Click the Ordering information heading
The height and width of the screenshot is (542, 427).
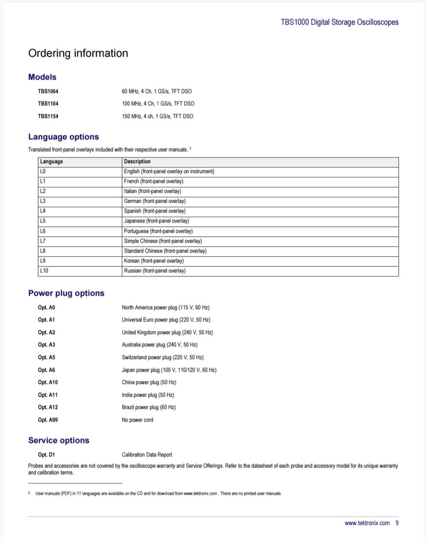click(78, 53)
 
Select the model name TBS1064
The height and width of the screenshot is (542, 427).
click(48, 91)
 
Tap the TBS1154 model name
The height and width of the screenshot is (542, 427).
click(48, 116)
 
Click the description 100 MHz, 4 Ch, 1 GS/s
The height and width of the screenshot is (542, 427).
click(158, 104)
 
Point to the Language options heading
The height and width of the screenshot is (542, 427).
click(64, 137)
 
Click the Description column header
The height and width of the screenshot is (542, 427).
click(137, 161)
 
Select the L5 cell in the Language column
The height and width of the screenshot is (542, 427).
click(43, 221)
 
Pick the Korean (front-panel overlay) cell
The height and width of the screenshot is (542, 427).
click(153, 261)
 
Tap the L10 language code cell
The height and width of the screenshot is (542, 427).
click(44, 271)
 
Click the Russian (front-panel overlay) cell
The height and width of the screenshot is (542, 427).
click(154, 271)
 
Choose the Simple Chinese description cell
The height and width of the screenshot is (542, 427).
click(162, 241)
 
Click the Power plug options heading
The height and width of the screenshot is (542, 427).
click(66, 293)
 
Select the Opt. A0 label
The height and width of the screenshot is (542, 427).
click(47, 307)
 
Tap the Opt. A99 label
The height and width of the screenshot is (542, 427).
click(48, 420)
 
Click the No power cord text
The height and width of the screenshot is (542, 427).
click(137, 420)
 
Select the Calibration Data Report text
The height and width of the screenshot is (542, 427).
click(147, 454)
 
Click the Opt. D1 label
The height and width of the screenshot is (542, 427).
click(46, 454)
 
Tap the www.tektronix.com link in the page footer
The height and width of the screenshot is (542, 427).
click(367, 523)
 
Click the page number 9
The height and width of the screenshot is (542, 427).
click(397, 523)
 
